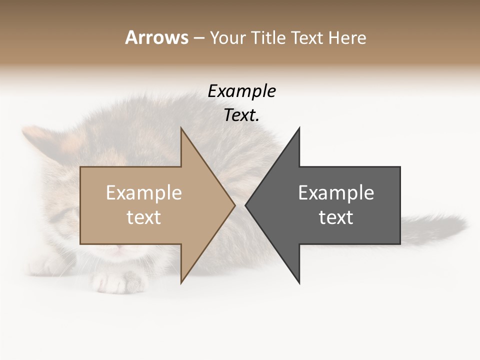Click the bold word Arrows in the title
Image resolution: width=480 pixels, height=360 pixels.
click(x=156, y=37)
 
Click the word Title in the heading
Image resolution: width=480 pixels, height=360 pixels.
click(x=268, y=37)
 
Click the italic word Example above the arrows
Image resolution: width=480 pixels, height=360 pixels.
click(x=241, y=91)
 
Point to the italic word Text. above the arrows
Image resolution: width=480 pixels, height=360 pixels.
click(x=241, y=115)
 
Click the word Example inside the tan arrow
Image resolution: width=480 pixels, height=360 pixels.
click(x=144, y=192)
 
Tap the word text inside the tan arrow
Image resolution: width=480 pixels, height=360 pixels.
click(x=144, y=217)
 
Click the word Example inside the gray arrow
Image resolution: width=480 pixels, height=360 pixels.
click(x=336, y=192)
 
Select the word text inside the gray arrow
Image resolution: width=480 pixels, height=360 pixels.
click(x=336, y=217)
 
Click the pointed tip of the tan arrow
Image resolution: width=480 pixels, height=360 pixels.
click(x=234, y=205)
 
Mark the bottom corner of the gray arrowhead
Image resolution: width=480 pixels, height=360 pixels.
click(x=299, y=282)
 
